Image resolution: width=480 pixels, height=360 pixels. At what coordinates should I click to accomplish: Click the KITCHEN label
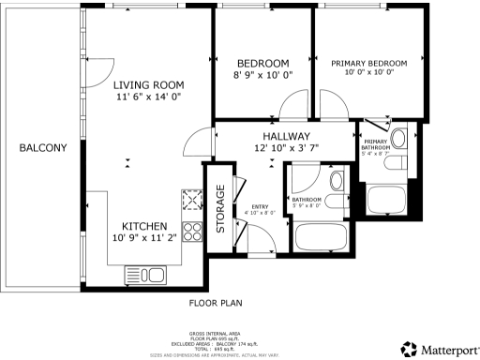coord(144,226)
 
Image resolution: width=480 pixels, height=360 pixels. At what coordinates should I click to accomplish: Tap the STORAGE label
coord(221,208)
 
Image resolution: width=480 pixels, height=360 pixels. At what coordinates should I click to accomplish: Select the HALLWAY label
coord(286,137)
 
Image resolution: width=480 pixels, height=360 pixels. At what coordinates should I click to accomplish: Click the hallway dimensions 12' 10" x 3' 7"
coord(286,149)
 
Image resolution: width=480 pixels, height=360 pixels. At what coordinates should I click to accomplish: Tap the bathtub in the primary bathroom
coord(384,199)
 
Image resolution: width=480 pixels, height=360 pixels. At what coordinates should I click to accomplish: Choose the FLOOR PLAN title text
coord(216,304)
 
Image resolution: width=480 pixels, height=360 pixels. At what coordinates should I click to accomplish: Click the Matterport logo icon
coord(408,349)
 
